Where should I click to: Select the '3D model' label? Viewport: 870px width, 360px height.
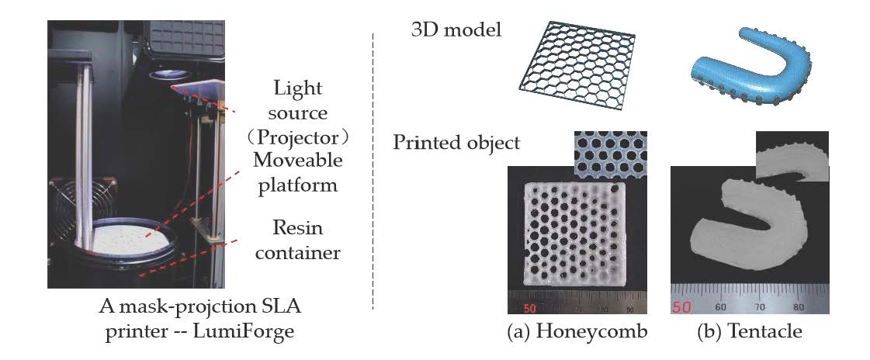coord(456,31)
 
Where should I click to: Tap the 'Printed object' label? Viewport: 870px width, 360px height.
coord(456,144)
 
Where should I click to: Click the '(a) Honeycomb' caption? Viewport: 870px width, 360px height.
coord(576,333)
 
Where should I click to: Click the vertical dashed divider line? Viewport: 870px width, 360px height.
coord(375,171)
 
